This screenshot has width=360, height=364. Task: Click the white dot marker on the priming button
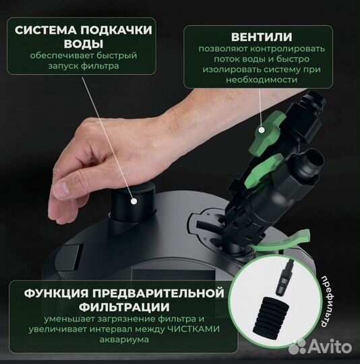pos(133,200)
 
